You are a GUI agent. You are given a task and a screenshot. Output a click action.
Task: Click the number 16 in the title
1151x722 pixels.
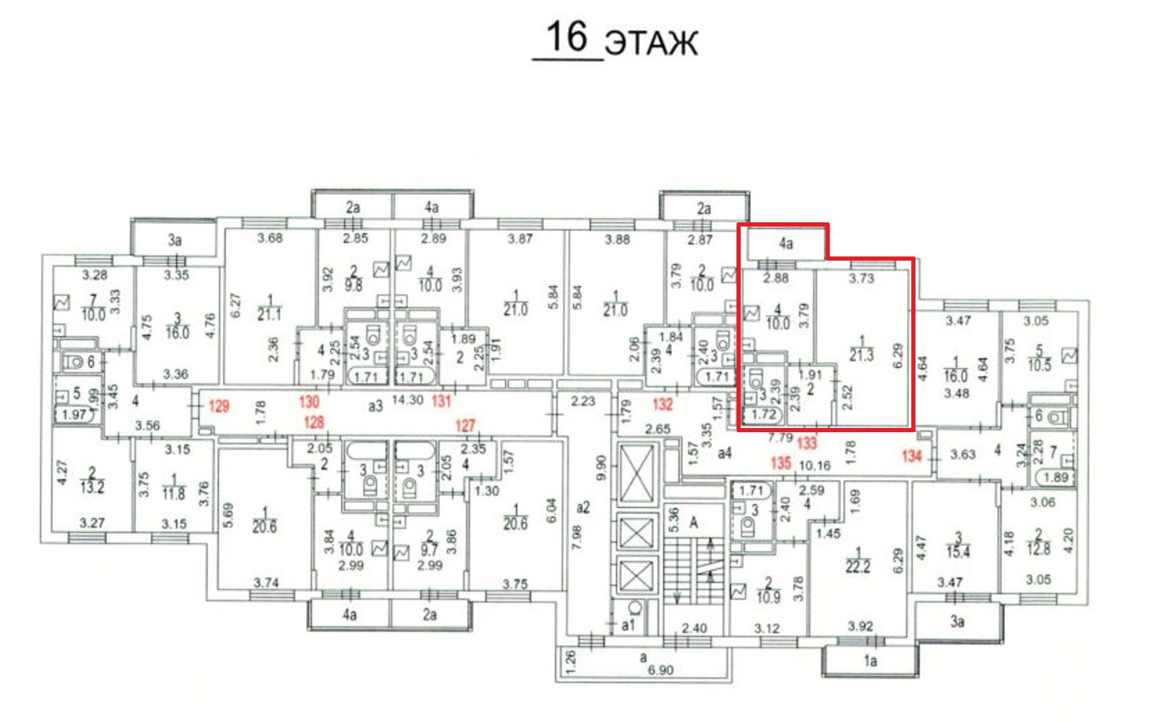566,37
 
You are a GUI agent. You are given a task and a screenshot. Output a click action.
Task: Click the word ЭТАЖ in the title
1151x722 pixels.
651,42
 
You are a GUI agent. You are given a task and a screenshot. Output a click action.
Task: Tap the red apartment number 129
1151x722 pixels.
219,407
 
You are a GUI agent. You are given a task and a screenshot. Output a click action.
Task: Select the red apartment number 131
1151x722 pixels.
441,401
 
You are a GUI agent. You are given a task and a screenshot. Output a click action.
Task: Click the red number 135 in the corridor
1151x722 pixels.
780,463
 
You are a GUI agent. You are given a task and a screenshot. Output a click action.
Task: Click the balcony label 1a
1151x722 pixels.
871,663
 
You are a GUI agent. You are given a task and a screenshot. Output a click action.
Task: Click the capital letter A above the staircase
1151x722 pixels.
692,523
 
